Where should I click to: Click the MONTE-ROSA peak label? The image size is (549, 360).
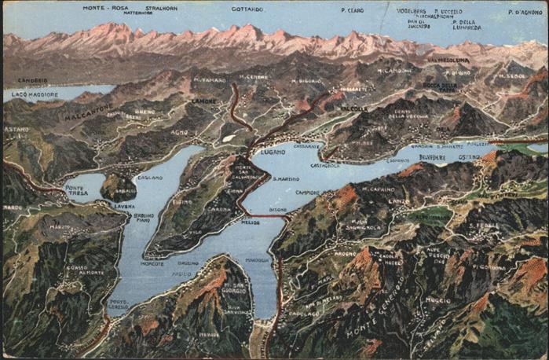pos(105,8)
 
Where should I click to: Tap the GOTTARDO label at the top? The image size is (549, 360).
pos(247,9)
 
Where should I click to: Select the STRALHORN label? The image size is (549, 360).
pos(159,8)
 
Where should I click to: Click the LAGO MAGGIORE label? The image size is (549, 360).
pos(29,95)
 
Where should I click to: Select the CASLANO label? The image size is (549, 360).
pos(149,178)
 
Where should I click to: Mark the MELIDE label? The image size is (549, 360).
pos(251,222)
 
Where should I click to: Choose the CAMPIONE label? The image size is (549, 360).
pos(307,193)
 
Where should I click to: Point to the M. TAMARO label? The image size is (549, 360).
pos(210,80)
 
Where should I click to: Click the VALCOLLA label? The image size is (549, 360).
pos(354,108)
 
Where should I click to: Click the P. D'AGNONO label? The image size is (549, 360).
pos(525,13)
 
